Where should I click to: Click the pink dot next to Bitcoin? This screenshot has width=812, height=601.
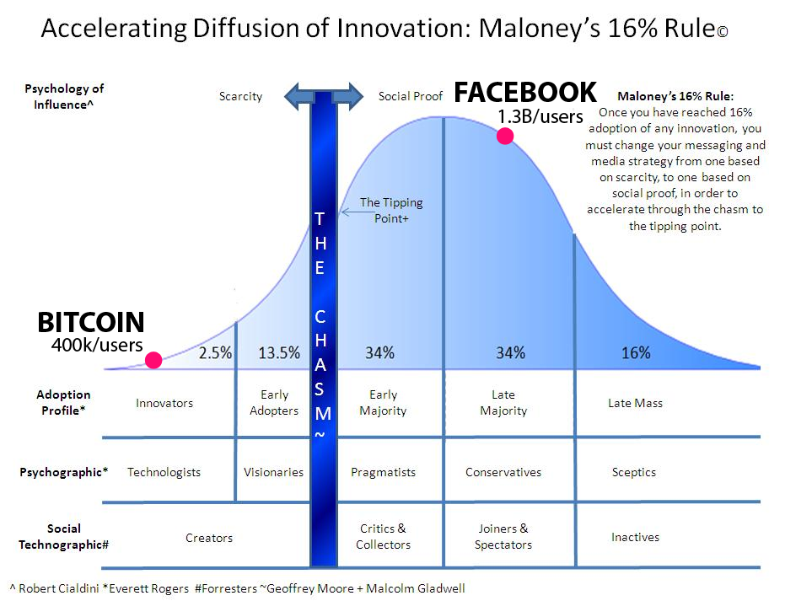click(153, 361)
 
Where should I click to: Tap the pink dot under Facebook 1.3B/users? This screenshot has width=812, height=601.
click(505, 136)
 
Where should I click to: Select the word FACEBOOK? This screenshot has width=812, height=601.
click(524, 93)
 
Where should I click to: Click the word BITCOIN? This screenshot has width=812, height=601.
click(91, 322)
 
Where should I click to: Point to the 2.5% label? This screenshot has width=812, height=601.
click(215, 353)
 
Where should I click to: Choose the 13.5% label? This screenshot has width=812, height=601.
click(279, 353)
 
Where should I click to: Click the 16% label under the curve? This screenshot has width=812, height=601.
click(635, 353)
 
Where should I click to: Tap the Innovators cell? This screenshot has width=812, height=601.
click(164, 403)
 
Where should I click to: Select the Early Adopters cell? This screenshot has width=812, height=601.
click(274, 402)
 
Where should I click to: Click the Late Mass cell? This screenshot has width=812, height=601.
click(635, 403)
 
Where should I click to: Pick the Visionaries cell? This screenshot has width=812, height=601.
click(273, 472)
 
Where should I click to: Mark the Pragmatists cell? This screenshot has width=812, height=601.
click(383, 472)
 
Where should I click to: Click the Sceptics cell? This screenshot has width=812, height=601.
click(634, 472)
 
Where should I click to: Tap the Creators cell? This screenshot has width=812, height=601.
click(209, 538)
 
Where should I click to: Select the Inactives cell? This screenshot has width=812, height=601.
click(635, 537)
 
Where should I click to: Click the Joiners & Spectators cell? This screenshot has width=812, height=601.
click(503, 536)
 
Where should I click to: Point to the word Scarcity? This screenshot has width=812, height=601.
click(240, 96)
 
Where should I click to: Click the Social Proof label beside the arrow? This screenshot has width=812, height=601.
click(411, 96)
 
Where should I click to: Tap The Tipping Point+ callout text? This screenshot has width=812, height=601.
click(391, 211)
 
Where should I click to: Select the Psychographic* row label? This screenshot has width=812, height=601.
click(64, 472)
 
